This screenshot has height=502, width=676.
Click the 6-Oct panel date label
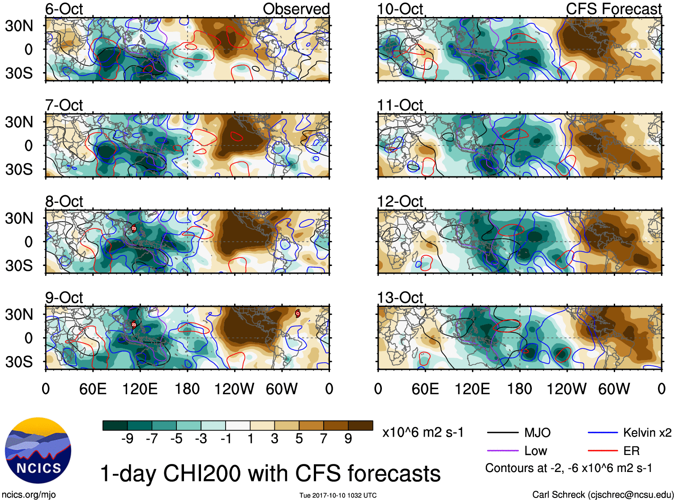tap(64, 9)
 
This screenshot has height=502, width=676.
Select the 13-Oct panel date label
tap(400, 298)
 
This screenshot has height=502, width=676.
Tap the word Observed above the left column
tap(296, 9)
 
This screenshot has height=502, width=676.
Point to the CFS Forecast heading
tap(613, 9)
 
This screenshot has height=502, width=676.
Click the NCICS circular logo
tap(38, 451)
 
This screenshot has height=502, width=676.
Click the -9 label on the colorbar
tap(127, 439)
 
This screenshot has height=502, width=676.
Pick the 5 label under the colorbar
tap(299, 439)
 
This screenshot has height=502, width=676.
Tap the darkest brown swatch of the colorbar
tap(360, 425)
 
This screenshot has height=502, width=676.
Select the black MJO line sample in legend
tap(502, 433)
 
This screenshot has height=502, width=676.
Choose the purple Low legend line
tap(502, 451)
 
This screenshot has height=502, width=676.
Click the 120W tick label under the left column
tap(234, 389)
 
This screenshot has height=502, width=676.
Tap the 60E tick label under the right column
tap(425, 389)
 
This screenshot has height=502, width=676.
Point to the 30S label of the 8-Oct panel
tap(19, 266)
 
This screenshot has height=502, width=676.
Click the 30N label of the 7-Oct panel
tap(19, 122)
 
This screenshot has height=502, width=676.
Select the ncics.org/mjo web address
tap(29, 495)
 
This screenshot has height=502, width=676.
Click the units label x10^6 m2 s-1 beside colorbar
tap(423, 433)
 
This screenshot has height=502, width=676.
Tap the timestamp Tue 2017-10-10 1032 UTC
tap(338, 495)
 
